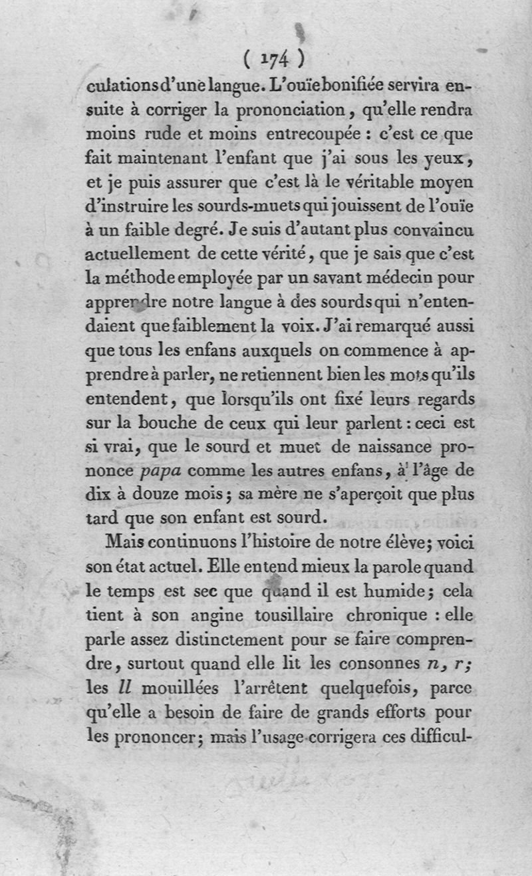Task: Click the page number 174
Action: pyautogui.click(x=273, y=59)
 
